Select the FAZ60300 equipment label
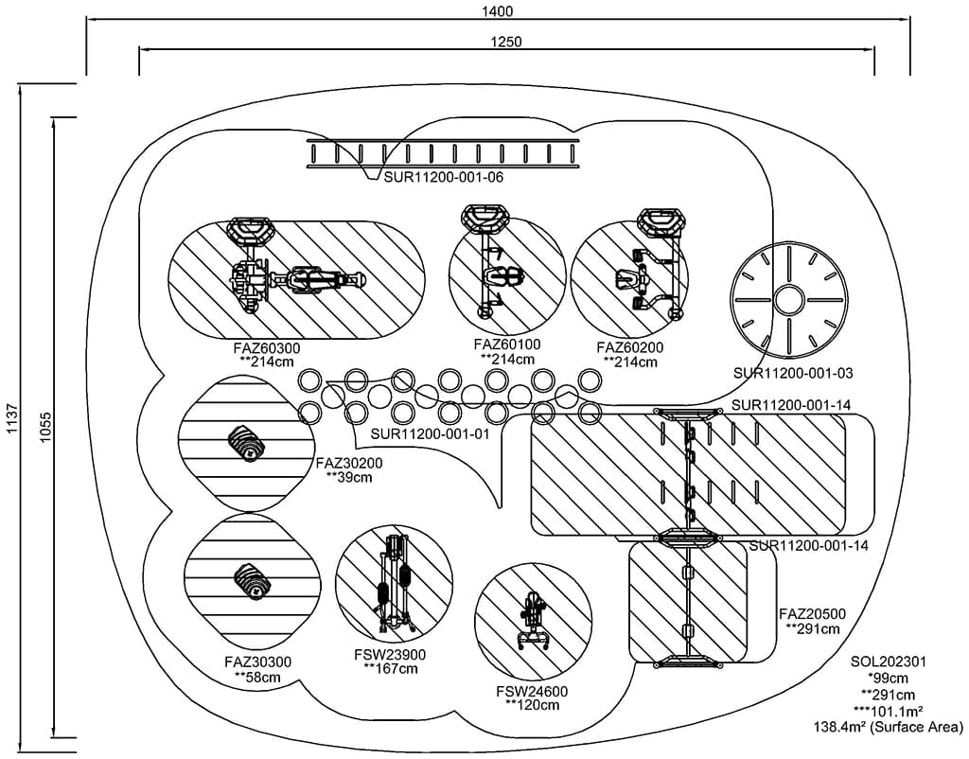tap(267, 348)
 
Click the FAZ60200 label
tap(630, 348)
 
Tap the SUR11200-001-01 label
tap(430, 434)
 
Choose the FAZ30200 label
tap(349, 464)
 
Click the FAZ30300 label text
tap(258, 662)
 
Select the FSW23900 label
tap(390, 655)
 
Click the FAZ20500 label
tap(812, 614)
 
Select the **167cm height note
tap(390, 669)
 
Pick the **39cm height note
tap(349, 478)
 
